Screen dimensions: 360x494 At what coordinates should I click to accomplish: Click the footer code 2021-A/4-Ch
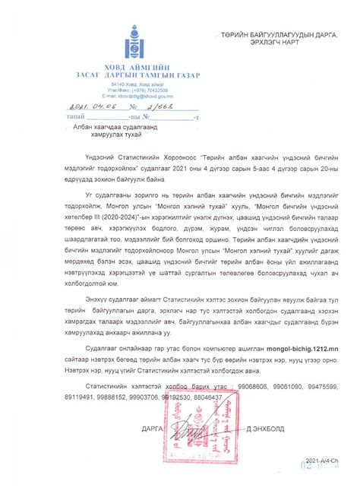(323, 461)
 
